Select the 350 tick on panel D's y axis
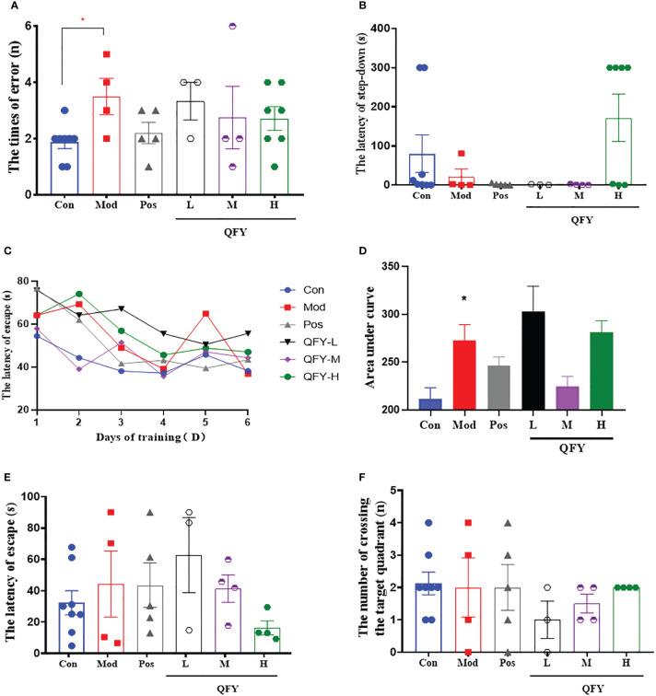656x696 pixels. (x=403, y=267)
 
